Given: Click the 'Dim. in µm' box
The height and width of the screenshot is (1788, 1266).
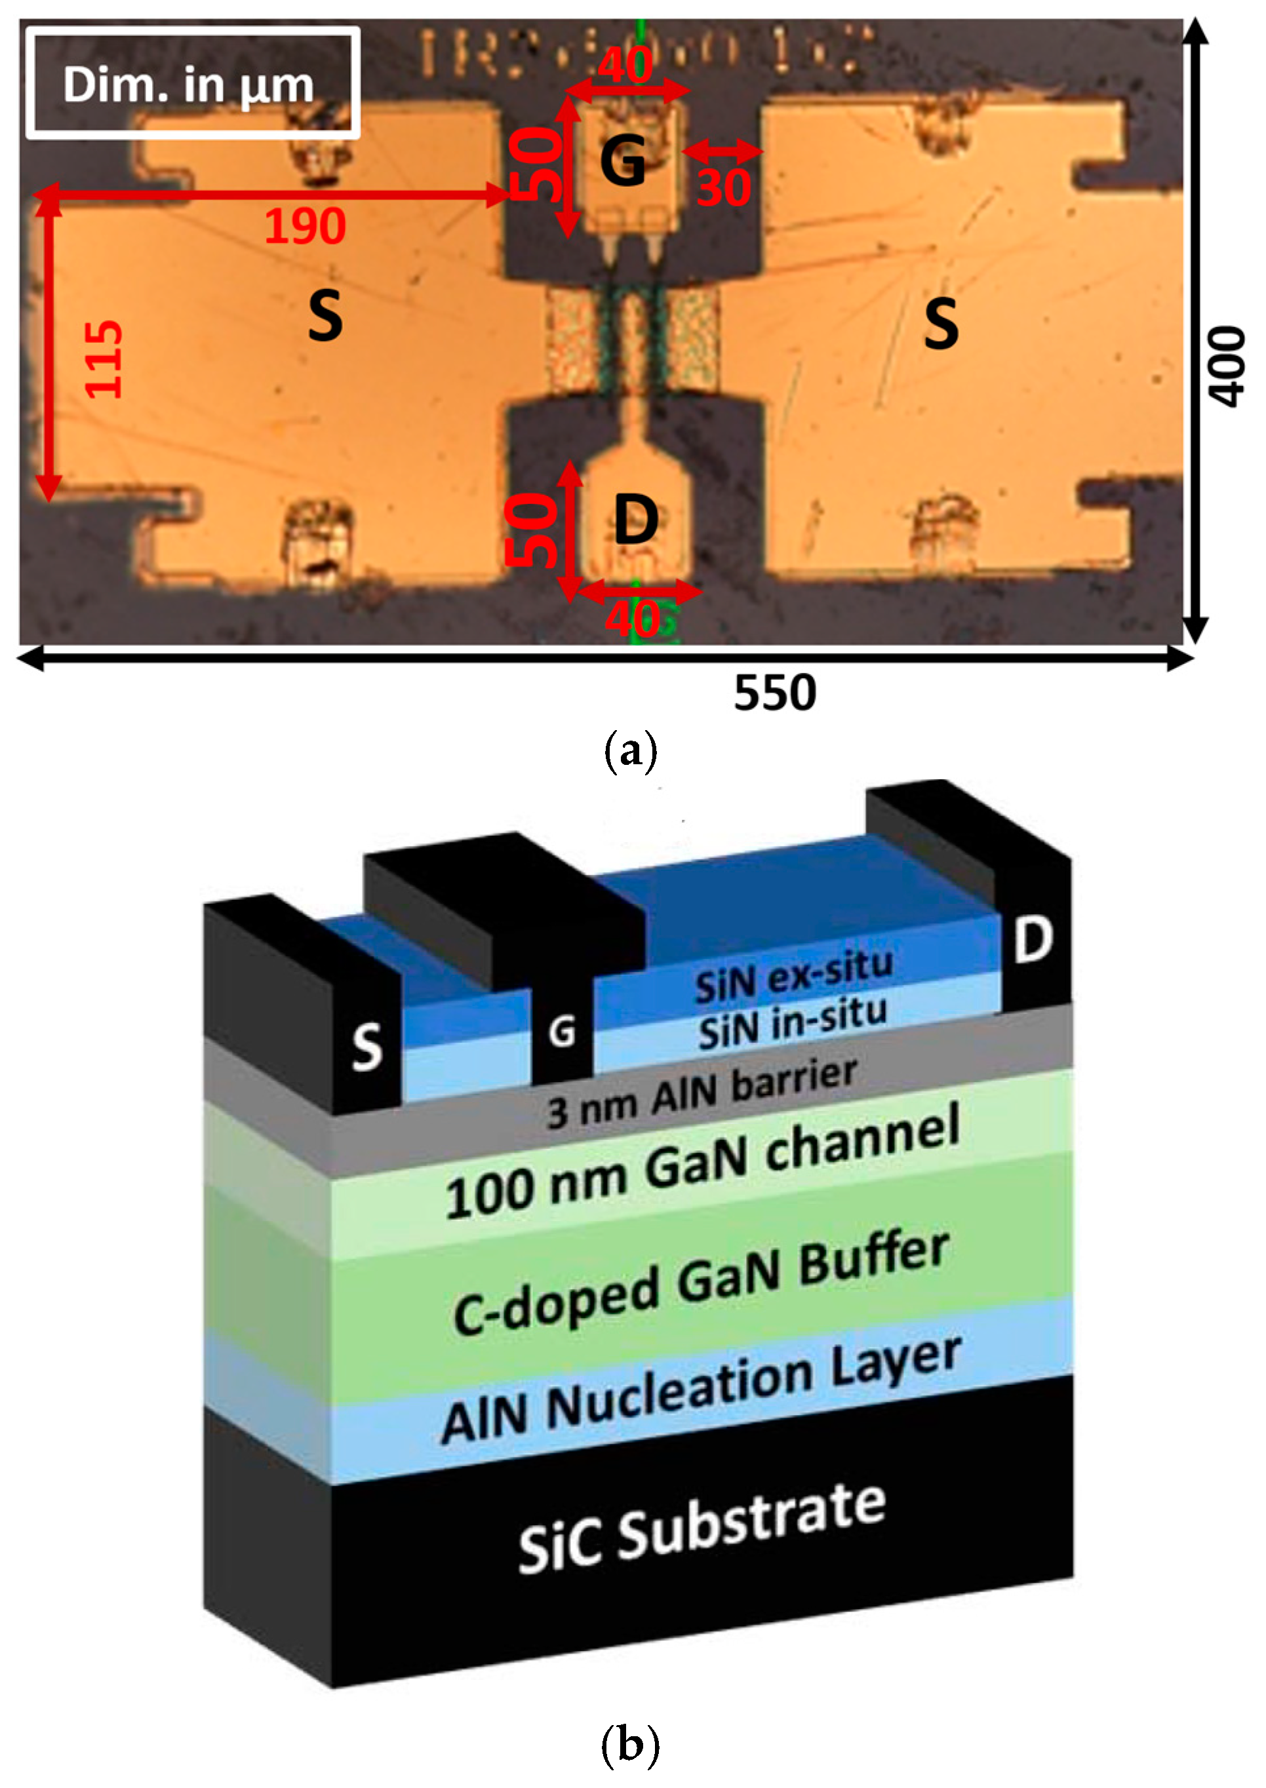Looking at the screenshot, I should pos(192,83).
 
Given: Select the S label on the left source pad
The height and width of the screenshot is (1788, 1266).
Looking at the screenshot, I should pos(325,316).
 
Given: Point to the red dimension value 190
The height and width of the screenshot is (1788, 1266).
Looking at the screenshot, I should pos(305,227).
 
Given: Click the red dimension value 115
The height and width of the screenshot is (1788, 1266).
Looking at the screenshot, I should pos(104,359).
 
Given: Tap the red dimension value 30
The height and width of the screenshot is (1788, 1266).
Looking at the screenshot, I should pos(723,188).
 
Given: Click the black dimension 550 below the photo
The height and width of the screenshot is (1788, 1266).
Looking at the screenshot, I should pos(775,692).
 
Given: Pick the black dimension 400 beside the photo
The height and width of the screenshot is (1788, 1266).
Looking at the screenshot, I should pos(1225,366).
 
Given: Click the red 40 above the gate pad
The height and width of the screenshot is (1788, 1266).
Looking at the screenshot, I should pos(625,66).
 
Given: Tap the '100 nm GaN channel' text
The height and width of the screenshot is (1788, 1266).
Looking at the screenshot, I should pos(702,1162).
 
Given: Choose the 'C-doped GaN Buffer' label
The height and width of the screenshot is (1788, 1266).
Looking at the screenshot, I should pos(702,1282).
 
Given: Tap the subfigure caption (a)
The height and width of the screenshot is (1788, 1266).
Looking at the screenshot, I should pos(631,751).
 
